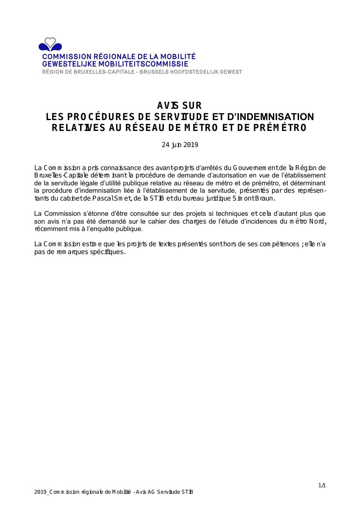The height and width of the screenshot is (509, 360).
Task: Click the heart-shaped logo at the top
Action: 50,44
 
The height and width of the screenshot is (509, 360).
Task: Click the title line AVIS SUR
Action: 179,106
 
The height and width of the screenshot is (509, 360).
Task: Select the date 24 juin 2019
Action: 180,145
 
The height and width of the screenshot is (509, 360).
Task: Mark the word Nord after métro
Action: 317,221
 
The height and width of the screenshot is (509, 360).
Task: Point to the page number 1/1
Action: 322,486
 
